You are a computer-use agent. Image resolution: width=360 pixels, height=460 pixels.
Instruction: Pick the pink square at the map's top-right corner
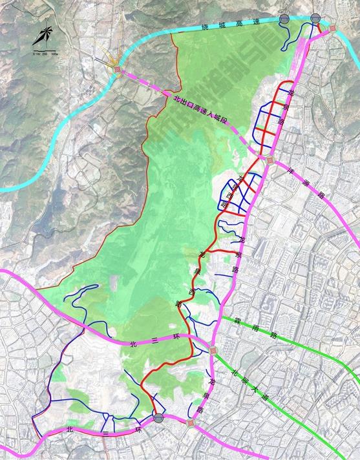333,28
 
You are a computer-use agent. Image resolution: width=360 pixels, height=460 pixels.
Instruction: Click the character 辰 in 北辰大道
246,379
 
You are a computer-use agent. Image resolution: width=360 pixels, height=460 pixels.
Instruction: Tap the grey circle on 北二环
158,418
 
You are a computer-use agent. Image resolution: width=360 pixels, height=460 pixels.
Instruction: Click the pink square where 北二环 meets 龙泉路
189,423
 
